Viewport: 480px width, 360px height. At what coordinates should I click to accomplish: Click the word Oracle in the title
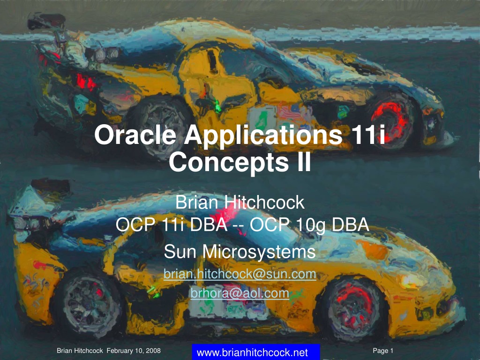[135, 135]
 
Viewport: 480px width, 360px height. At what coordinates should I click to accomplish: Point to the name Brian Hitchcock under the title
[240, 202]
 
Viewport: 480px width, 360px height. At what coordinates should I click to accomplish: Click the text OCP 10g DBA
[309, 225]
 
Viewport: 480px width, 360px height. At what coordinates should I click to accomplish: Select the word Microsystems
[259, 252]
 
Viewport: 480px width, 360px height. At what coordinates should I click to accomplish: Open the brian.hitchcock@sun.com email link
[240, 274]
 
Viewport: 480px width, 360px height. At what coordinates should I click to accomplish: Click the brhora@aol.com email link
[240, 293]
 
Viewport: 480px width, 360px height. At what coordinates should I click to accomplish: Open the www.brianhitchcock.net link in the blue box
[252, 352]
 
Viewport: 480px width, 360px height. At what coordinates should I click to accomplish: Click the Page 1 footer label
[382, 351]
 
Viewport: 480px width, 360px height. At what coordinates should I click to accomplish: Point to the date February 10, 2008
[134, 351]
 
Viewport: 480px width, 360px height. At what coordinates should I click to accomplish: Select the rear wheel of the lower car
[89, 304]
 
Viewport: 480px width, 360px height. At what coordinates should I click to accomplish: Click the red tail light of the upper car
[86, 82]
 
